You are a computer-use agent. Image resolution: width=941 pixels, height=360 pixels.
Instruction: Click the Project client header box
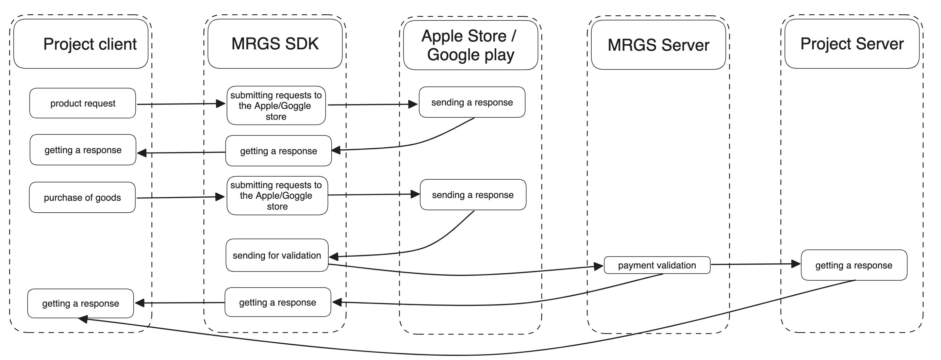[81, 44]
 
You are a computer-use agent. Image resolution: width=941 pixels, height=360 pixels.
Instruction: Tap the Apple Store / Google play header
[470, 45]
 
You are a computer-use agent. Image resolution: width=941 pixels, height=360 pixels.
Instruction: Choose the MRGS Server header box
[658, 45]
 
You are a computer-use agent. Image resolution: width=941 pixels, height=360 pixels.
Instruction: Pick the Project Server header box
[852, 44]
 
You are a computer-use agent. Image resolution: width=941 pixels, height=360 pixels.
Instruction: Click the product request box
[83, 103]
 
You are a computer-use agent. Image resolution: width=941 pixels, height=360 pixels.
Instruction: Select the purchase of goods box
[82, 198]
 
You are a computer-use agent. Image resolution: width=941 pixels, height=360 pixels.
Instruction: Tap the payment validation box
[657, 265]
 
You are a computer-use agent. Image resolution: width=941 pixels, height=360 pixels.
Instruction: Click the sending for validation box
[277, 256]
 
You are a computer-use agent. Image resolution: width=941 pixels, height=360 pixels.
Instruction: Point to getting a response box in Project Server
[854, 265]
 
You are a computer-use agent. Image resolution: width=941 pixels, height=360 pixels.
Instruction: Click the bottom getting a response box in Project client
[80, 304]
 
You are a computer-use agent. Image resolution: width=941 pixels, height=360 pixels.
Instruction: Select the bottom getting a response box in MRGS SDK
[278, 302]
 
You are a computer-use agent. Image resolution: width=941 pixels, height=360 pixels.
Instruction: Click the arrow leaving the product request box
[181, 104]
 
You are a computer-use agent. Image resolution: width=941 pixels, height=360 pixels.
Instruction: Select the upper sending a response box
[472, 102]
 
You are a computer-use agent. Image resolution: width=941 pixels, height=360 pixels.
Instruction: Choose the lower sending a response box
[473, 195]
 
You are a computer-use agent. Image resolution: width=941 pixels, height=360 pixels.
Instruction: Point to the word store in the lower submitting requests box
[277, 207]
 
